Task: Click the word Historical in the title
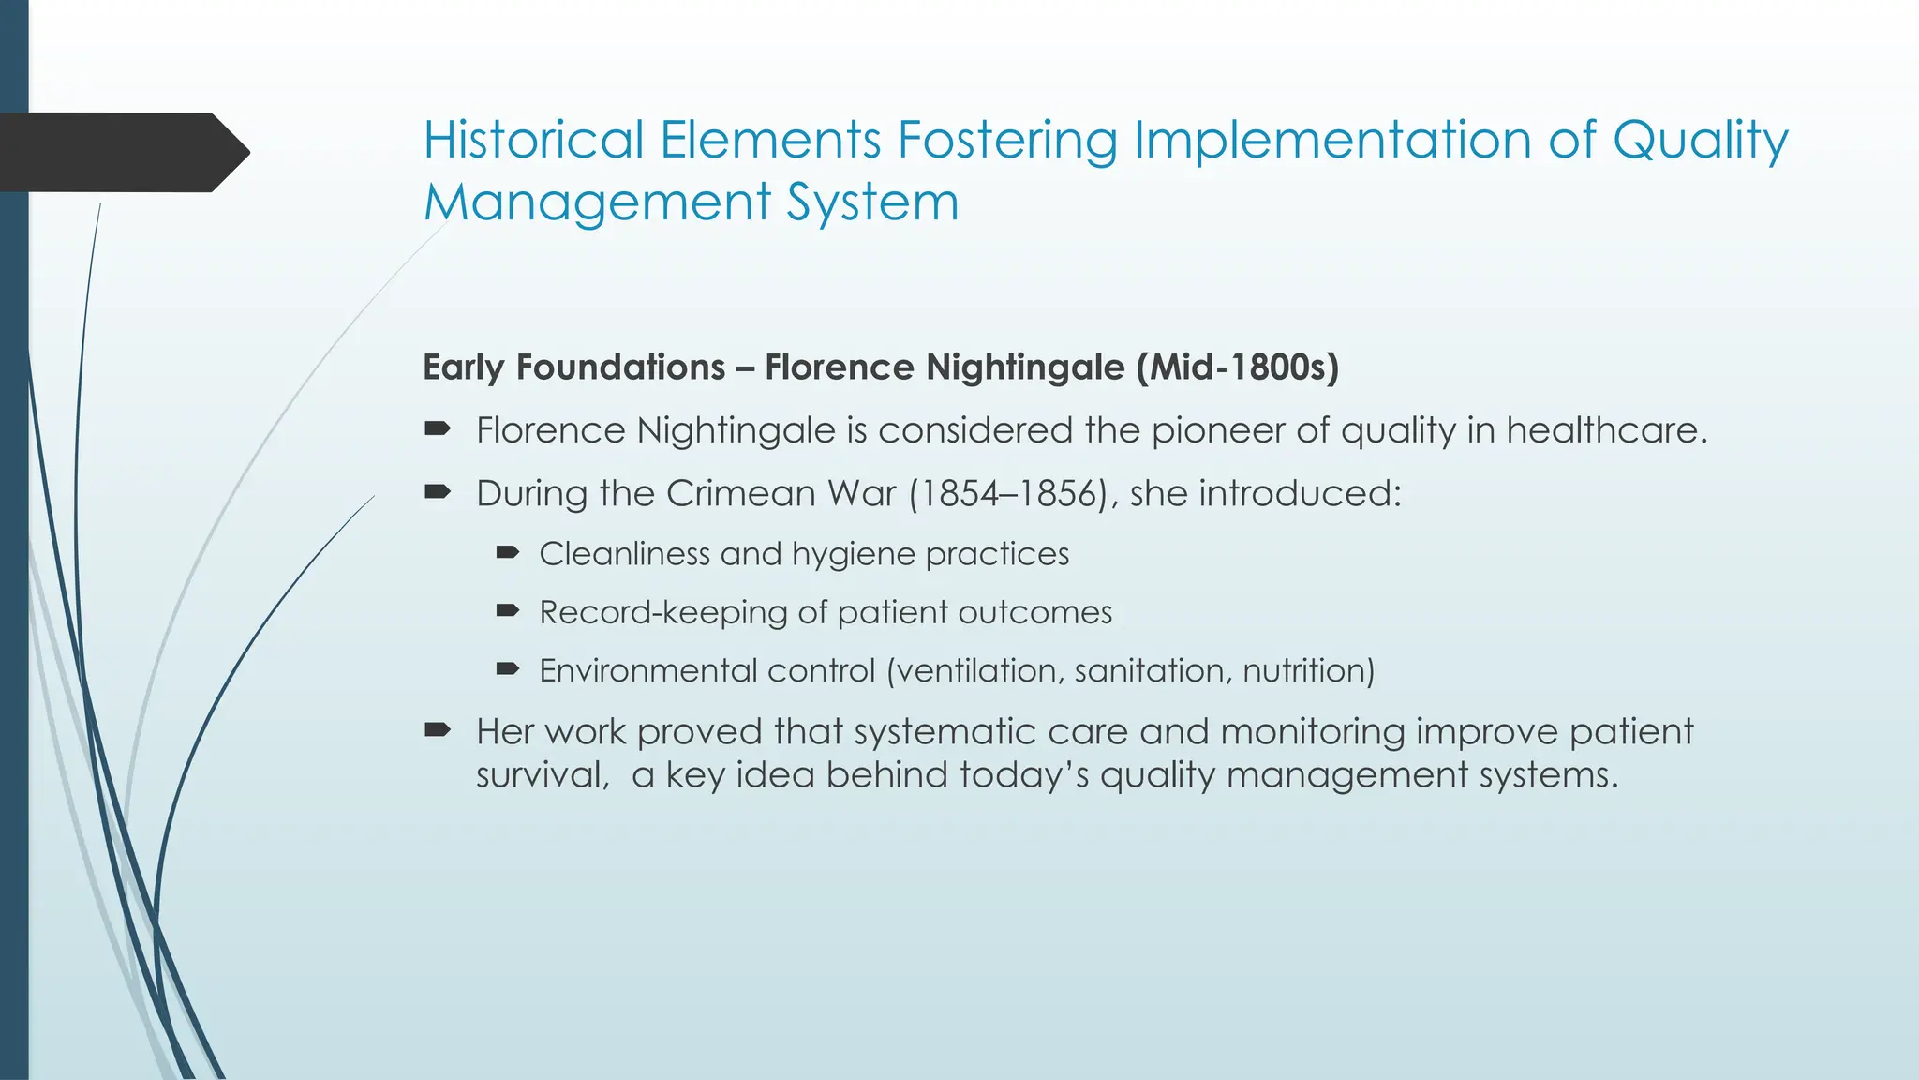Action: coord(532,140)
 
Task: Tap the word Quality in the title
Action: coord(1700,140)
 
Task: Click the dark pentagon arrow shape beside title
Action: coord(122,152)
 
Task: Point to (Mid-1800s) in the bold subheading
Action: coord(1237,367)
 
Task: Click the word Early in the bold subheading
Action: coord(463,367)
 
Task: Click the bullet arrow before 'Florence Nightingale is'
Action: coord(437,429)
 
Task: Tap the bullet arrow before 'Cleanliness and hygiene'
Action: coord(507,553)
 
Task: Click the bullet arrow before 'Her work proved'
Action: coord(437,729)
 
